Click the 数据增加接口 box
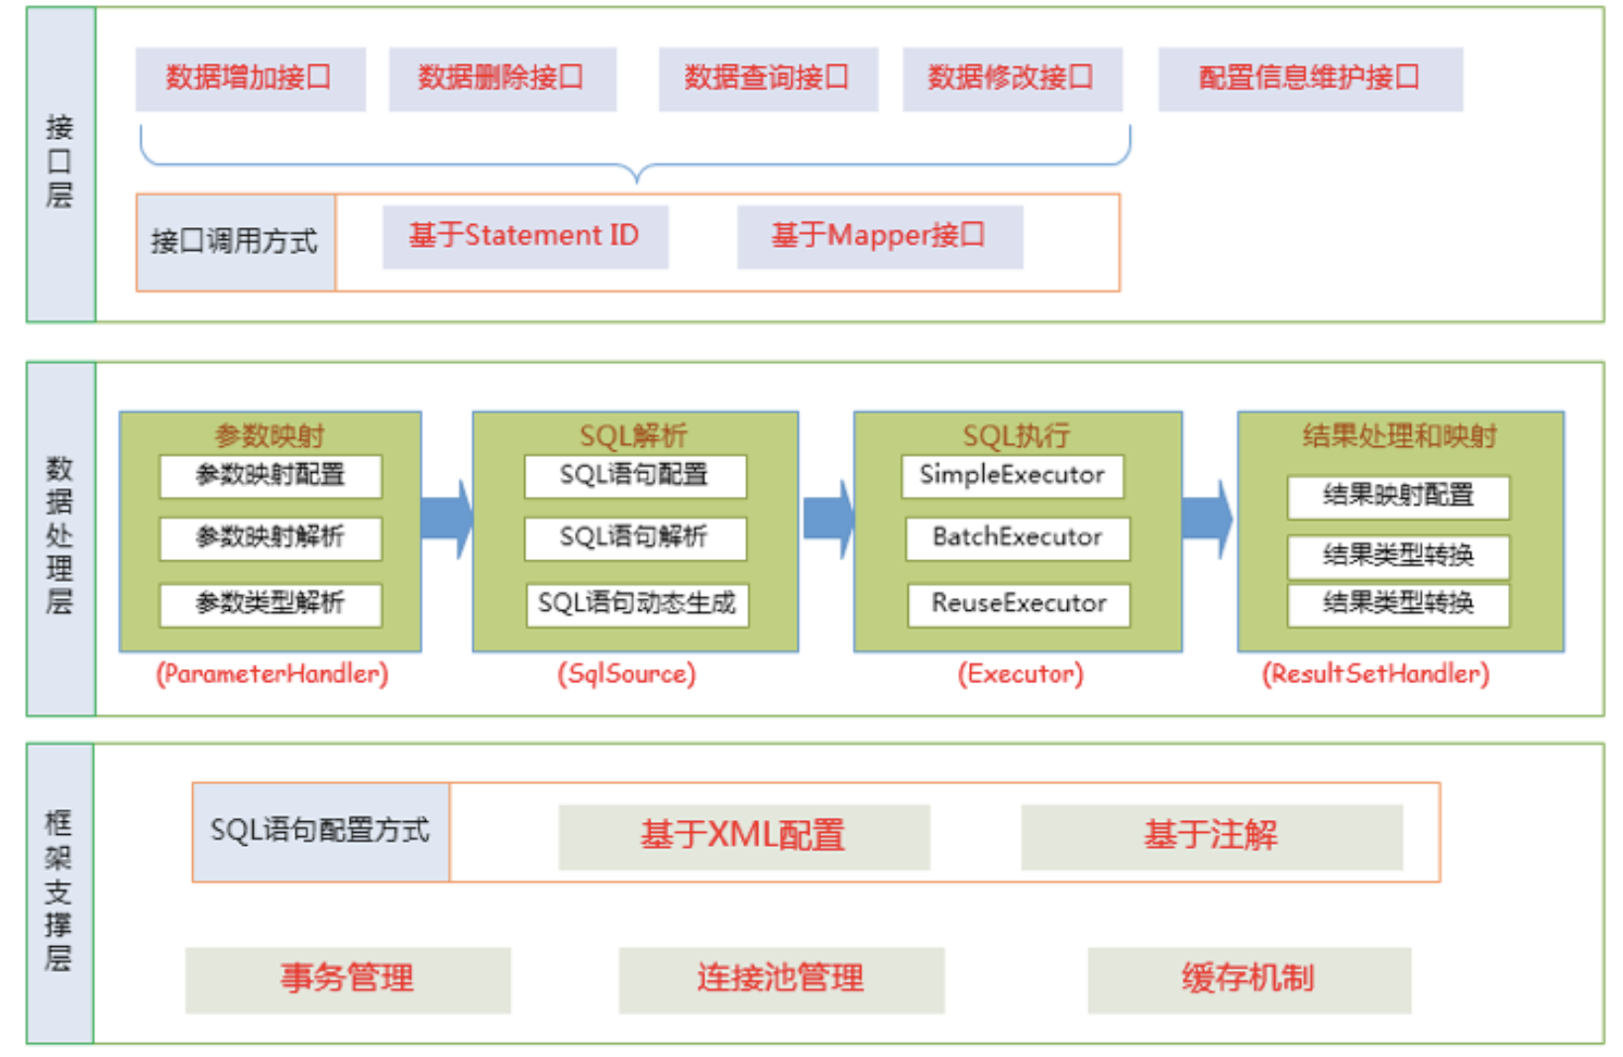[x=250, y=78]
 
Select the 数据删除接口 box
[x=502, y=78]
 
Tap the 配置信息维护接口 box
[x=1310, y=78]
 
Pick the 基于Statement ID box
[x=525, y=237]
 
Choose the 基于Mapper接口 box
[x=879, y=237]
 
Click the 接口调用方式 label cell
[x=236, y=242]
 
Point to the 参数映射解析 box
[x=270, y=538]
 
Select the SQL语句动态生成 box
[x=637, y=604]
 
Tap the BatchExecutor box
[x=1018, y=538]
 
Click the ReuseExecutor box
[x=1019, y=604]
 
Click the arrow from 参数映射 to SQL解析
[x=447, y=519]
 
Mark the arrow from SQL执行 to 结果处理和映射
[x=1209, y=519]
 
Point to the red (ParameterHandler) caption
[x=271, y=674]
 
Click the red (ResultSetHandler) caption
[x=1375, y=674]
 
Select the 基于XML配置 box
[x=743, y=836]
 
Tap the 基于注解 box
[x=1211, y=836]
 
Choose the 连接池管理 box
[x=781, y=980]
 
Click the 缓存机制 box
[x=1248, y=980]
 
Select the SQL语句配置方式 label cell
[x=320, y=831]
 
